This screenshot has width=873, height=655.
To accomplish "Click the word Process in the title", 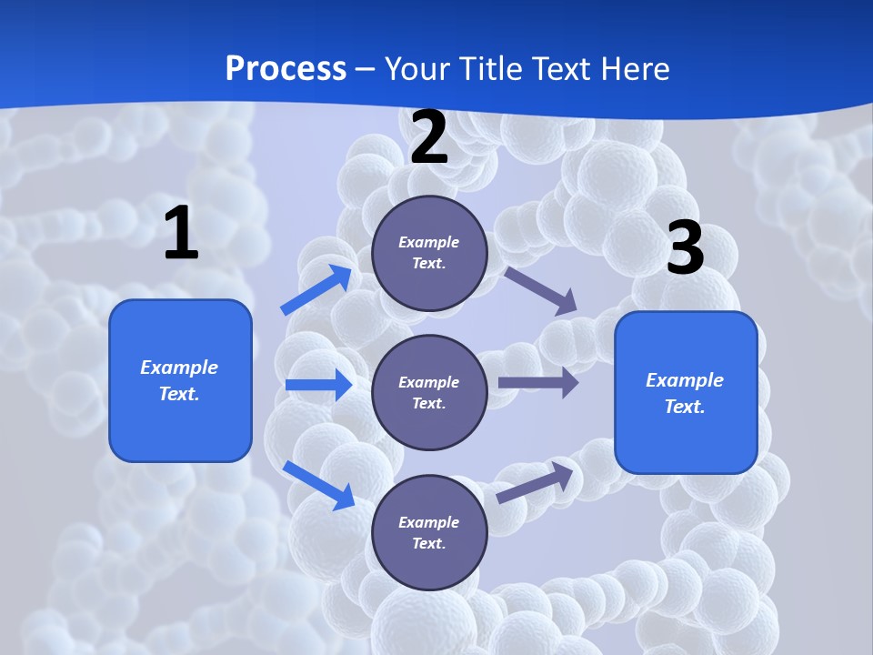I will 286,68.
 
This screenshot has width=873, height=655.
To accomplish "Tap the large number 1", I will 181,234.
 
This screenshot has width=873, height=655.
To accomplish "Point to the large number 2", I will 429,137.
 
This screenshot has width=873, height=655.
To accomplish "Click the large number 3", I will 685,248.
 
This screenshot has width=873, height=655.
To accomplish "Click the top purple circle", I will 429,253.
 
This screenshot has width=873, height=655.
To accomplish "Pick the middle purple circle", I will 429,392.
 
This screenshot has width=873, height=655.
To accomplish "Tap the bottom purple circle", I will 429,532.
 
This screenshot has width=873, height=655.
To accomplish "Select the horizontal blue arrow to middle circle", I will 318,385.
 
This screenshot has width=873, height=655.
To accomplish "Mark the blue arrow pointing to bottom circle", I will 318,485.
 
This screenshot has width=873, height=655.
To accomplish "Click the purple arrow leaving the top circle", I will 541,291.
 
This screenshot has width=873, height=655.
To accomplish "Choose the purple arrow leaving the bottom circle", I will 536,483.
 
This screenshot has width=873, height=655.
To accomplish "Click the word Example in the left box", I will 179,368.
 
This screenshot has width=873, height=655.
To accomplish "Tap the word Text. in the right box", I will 685,407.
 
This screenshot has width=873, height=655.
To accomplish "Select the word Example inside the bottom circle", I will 429,522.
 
